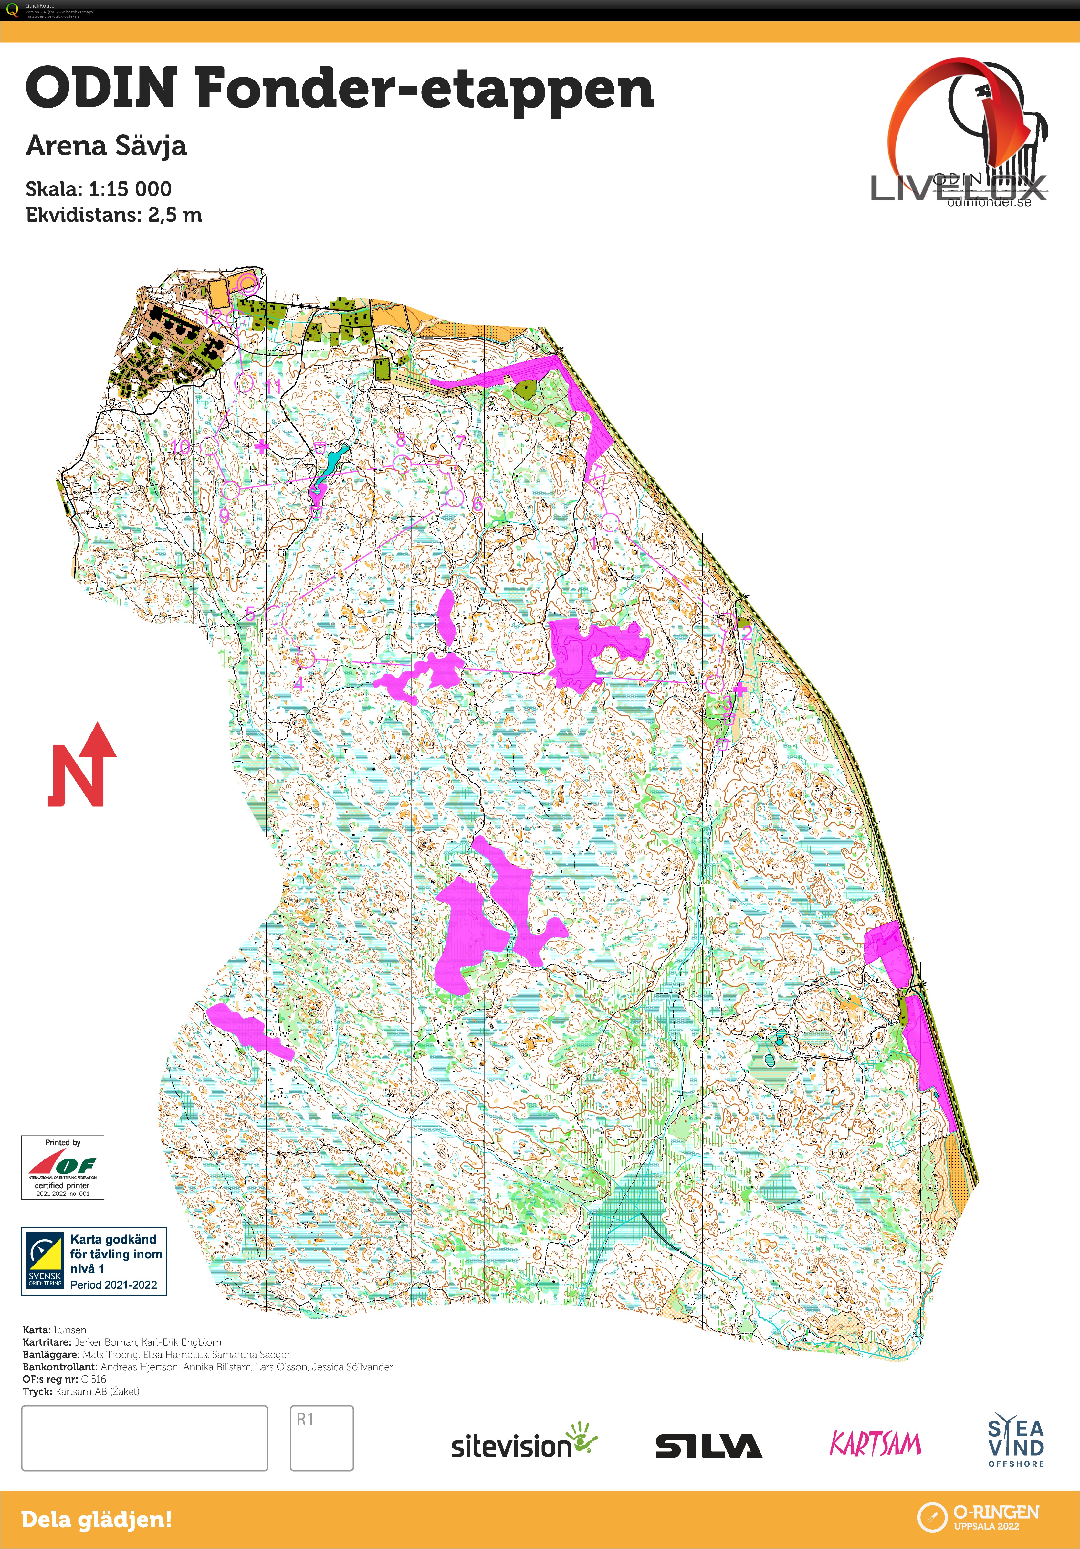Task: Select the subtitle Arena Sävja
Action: (106, 146)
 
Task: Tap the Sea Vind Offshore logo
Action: (1016, 1443)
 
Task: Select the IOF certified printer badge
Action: (63, 1167)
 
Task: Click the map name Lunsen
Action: (70, 1330)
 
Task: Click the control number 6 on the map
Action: (477, 503)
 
